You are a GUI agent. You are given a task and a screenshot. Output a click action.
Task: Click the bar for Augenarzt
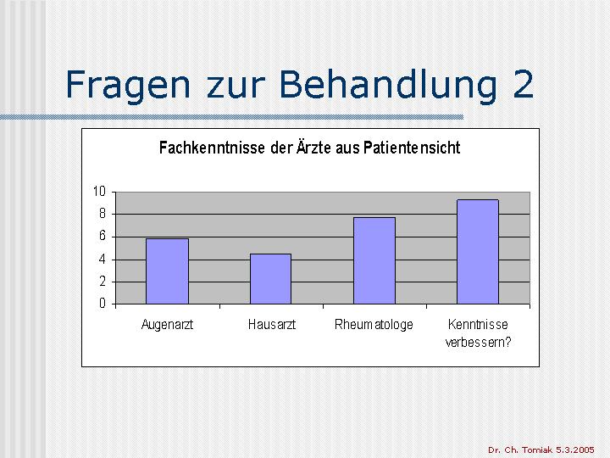(167, 271)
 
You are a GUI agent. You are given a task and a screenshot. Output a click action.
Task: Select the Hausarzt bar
(271, 278)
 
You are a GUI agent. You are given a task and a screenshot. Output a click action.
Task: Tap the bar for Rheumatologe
(374, 260)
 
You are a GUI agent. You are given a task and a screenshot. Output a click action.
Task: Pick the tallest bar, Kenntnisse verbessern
(478, 252)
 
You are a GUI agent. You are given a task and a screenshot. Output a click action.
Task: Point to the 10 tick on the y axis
(99, 191)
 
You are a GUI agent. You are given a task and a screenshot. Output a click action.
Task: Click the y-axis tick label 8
(103, 214)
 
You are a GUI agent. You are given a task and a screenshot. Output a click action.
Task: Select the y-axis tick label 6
(103, 236)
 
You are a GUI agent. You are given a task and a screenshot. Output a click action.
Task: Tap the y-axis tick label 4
(103, 259)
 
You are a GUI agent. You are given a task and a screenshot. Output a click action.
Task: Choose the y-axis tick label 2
(103, 282)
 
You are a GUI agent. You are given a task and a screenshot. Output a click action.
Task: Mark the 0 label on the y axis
(103, 303)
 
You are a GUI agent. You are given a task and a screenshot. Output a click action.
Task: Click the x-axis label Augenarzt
(167, 325)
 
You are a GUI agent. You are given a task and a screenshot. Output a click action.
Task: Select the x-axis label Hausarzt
(272, 324)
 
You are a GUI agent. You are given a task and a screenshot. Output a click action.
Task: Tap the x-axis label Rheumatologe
(374, 325)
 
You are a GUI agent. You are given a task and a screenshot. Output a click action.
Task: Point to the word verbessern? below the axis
(478, 343)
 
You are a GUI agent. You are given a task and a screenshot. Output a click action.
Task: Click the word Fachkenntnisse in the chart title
(213, 148)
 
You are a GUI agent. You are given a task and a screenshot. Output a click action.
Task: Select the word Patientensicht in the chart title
(412, 148)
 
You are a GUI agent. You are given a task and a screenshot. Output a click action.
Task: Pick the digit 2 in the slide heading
(523, 84)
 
